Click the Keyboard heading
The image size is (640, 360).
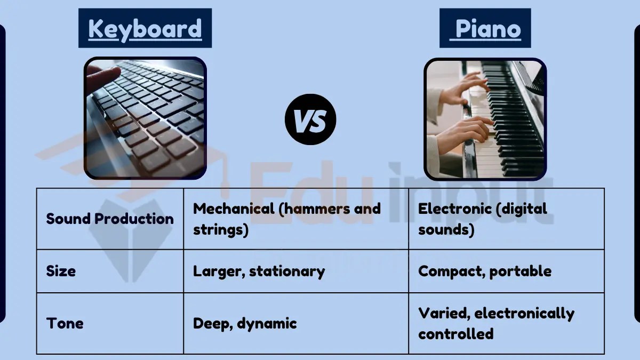coord(145,29)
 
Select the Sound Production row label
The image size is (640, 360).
coord(110,219)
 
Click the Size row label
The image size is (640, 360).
coord(61,271)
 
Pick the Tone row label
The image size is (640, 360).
coord(65,323)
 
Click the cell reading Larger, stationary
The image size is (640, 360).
coord(259,271)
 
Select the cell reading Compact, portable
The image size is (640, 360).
coord(484,271)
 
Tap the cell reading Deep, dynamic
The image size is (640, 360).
coord(244,323)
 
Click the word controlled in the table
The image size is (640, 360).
coord(455,334)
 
